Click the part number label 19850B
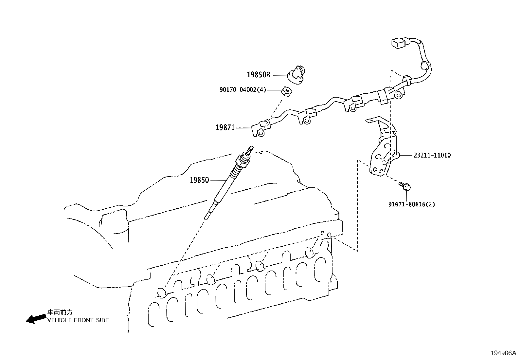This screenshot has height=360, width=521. click(x=258, y=75)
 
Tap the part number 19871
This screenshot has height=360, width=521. click(x=225, y=127)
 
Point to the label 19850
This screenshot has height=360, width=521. click(x=199, y=180)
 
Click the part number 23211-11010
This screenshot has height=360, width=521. click(x=432, y=155)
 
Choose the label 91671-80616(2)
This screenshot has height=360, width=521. click(x=412, y=204)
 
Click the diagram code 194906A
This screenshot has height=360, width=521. click(x=503, y=353)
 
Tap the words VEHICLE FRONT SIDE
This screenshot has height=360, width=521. click(x=78, y=320)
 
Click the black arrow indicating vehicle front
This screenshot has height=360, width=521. click(x=36, y=318)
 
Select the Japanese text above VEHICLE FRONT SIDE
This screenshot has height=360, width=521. click(x=60, y=313)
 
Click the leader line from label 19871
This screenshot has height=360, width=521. click(x=244, y=127)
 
